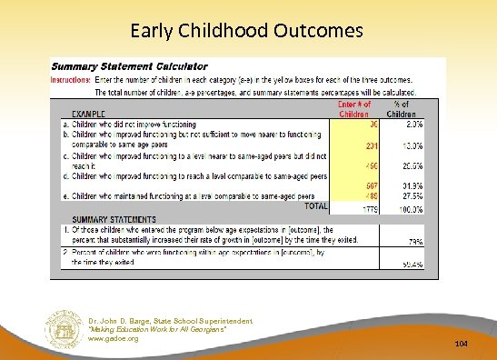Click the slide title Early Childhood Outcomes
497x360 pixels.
tap(247, 31)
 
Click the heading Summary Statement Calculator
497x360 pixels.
tap(129, 66)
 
